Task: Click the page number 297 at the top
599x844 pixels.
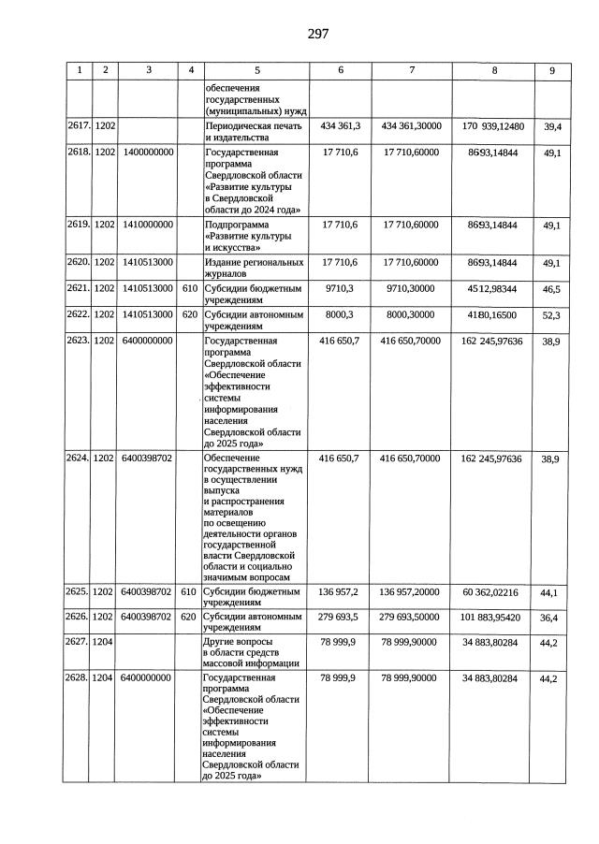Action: [x=317, y=35]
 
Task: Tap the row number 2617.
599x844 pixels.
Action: [x=78, y=125]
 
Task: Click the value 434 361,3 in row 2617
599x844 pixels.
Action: [x=340, y=125]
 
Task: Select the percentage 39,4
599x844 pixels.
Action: [x=551, y=127]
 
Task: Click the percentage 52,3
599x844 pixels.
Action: [x=551, y=317]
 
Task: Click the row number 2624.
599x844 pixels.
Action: [x=78, y=458]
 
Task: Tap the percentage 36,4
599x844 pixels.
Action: [x=551, y=618]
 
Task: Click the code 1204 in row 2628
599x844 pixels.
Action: [x=104, y=677]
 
